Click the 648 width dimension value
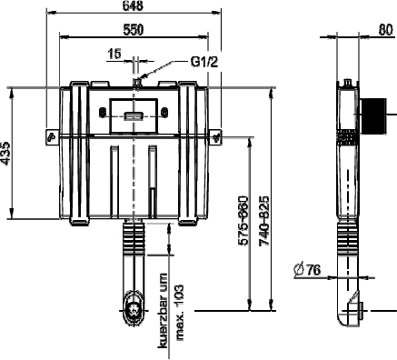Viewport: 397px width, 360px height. click(133, 5)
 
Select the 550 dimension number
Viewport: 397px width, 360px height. click(133, 30)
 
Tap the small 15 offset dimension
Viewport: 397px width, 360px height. click(114, 54)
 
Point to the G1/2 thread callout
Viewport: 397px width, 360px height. click(204, 62)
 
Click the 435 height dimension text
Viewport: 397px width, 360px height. click(5, 153)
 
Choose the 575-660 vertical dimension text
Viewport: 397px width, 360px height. click(243, 221)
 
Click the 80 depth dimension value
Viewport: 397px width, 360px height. click(385, 30)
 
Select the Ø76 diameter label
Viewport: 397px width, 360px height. click(307, 270)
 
